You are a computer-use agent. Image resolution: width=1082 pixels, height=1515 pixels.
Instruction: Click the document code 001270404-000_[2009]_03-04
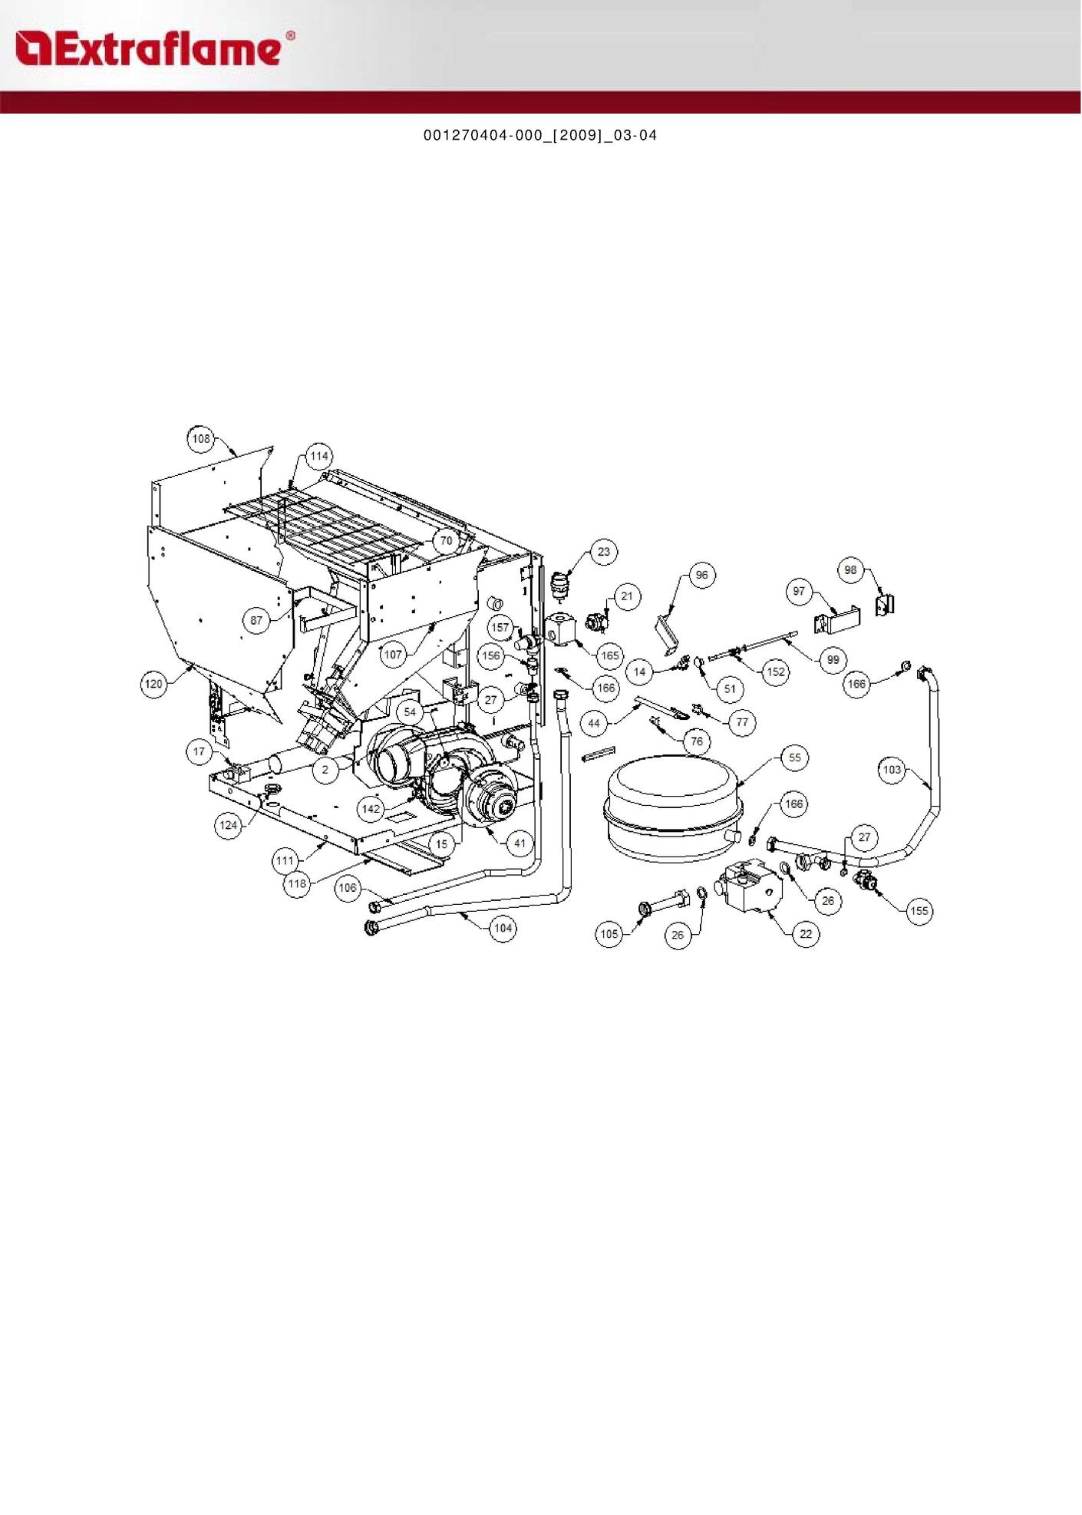(x=540, y=136)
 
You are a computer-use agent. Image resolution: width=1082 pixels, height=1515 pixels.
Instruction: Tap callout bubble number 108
(x=201, y=439)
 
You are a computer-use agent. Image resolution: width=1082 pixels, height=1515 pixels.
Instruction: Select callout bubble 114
(x=319, y=456)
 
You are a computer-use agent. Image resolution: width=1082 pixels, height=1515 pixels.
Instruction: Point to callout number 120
(x=154, y=683)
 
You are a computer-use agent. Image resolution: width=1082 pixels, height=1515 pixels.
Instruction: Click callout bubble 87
(x=256, y=620)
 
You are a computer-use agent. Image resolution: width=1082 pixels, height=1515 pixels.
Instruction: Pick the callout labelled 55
(x=795, y=757)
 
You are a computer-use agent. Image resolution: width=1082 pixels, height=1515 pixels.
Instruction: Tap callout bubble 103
(x=892, y=770)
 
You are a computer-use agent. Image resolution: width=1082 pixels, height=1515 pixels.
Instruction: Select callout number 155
(x=919, y=911)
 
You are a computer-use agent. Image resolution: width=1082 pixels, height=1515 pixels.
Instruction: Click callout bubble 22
(x=806, y=934)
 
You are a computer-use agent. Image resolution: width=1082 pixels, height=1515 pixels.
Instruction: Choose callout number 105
(x=609, y=934)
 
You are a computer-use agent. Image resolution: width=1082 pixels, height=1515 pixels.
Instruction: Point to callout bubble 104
(x=503, y=928)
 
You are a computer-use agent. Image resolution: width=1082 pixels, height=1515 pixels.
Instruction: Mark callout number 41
(x=520, y=843)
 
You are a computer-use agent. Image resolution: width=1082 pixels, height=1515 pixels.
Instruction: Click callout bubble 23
(x=604, y=552)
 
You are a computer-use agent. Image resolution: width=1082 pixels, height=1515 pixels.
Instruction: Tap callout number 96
(x=702, y=575)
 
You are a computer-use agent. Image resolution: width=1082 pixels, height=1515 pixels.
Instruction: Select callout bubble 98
(x=850, y=570)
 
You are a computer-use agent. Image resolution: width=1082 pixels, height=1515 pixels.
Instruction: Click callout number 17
(x=200, y=751)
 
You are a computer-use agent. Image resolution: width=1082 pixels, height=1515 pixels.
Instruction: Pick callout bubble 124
(x=228, y=825)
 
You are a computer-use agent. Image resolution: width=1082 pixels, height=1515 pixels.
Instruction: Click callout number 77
(x=742, y=722)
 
